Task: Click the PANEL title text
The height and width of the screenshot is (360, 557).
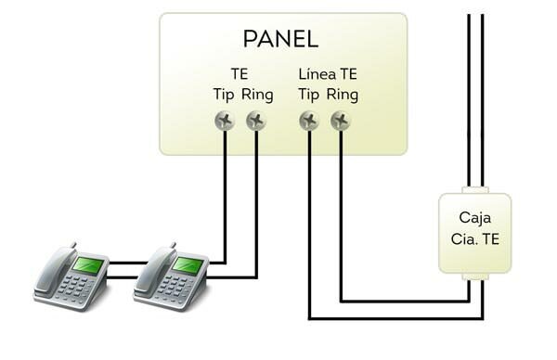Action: click(x=280, y=39)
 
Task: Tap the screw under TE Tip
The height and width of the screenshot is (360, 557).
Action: click(x=225, y=121)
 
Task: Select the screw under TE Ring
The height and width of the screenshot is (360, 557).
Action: click(x=256, y=121)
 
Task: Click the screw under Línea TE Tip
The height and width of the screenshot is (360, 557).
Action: click(x=309, y=121)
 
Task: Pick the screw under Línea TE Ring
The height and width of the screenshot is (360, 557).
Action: click(x=341, y=121)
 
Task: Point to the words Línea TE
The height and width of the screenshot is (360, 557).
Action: click(x=329, y=73)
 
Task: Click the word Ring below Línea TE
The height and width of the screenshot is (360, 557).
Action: click(x=343, y=95)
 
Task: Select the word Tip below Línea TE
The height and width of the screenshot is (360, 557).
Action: click(x=309, y=95)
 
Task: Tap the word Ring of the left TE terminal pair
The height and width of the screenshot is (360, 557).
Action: click(x=258, y=95)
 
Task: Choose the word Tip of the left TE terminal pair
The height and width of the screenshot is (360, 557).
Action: click(x=224, y=95)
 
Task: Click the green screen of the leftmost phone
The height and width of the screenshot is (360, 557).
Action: click(x=88, y=265)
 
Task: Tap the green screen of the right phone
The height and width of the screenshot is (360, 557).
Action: click(x=188, y=265)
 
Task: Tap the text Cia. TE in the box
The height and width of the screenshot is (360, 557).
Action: click(x=474, y=238)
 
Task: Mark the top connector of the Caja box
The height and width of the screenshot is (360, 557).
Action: click(x=474, y=190)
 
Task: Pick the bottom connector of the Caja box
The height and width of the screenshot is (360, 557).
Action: click(x=474, y=276)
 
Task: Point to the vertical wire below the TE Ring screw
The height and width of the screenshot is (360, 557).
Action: click(x=256, y=204)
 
